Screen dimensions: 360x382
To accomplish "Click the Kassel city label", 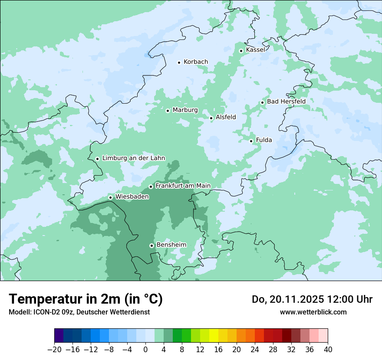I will tap(255, 50).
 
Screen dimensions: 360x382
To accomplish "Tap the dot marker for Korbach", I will tap(179, 62).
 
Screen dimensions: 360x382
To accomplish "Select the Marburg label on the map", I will tap(185, 110).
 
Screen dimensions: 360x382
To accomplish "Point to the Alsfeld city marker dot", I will tap(211, 118).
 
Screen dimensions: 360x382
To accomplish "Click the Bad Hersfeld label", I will tap(286, 101).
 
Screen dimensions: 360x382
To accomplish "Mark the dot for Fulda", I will tap(251, 141).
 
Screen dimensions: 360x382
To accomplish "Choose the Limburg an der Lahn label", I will tap(134, 158).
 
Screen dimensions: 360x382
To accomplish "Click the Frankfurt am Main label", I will tap(183, 186).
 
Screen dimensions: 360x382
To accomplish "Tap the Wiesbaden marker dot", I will tap(111, 198).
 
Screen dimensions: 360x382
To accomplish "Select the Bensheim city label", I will tap(171, 245).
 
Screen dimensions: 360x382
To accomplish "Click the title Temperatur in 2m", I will tap(86, 299).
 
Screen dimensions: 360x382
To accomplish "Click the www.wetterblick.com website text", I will tap(313, 312).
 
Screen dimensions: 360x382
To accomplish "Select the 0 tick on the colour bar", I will tap(145, 350).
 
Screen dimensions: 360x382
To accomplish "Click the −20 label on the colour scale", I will tap(54, 350).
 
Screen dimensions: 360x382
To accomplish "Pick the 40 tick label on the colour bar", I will tap(328, 350).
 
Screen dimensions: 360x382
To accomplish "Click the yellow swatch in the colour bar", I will tap(214, 336).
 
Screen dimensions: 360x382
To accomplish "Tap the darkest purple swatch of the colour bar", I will tap(59, 336).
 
